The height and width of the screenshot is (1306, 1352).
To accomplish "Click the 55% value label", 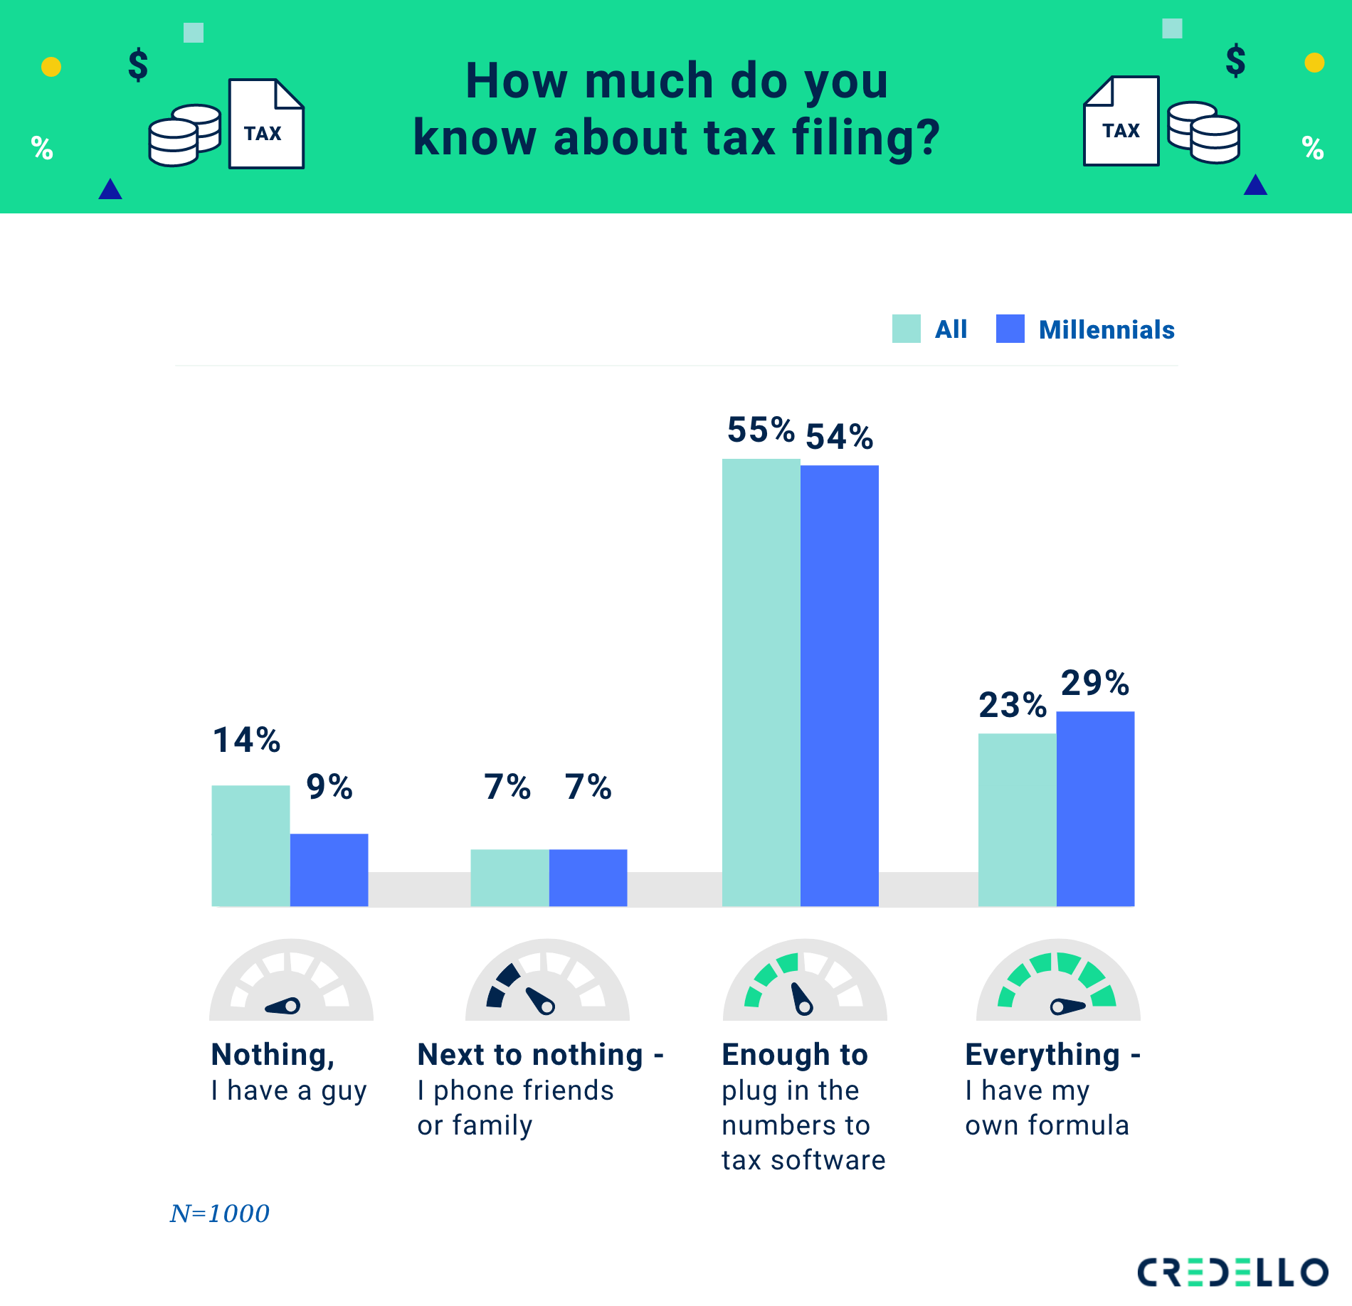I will click(760, 430).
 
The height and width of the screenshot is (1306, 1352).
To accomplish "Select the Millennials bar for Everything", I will click(1095, 808).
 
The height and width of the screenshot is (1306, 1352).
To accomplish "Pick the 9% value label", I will click(329, 787).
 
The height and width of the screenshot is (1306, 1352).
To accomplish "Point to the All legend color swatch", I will click(906, 329).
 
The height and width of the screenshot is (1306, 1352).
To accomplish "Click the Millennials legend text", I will click(1107, 329).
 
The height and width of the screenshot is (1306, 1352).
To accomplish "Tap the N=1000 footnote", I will click(220, 1213).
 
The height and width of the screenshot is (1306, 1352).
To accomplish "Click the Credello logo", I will click(1232, 1272).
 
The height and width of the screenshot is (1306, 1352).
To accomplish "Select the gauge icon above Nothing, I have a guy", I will click(291, 981).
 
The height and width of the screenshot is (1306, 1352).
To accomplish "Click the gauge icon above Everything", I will click(1058, 981).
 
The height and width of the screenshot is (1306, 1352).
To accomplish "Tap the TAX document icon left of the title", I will click(266, 124).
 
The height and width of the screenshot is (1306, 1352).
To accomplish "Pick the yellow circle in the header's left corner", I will click(51, 67).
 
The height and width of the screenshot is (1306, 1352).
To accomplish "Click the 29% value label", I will click(1094, 683).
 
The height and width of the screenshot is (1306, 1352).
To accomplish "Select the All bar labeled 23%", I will click(1017, 819).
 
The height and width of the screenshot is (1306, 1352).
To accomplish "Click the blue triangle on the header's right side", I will click(1255, 186).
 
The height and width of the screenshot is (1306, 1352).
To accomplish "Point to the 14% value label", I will click(246, 740).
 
